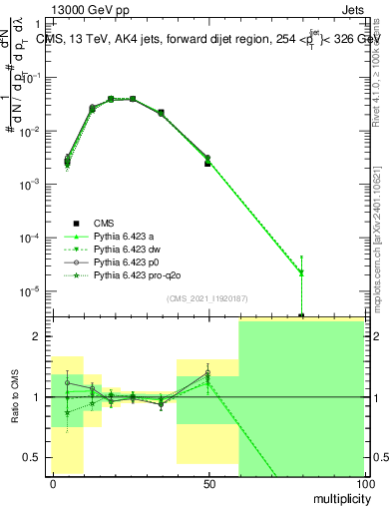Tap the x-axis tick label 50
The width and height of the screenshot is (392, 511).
[207, 483]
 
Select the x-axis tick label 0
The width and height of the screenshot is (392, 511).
[52, 483]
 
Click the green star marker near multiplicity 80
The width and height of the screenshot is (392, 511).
[301, 272]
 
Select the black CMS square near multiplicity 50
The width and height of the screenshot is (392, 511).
[207, 163]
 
